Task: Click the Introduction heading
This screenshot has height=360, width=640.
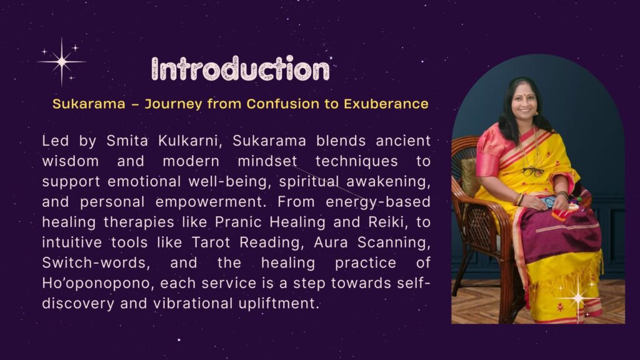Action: tap(241, 68)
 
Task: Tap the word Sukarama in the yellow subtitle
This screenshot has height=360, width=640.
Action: tap(89, 104)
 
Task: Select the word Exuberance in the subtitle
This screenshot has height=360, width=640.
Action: tap(386, 104)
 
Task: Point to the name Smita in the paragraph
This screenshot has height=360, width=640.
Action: tap(127, 141)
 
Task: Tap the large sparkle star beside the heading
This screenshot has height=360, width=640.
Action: tap(62, 62)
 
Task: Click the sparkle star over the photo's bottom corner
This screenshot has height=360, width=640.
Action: tap(578, 298)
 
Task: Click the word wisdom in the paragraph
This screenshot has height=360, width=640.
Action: tap(70, 161)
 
